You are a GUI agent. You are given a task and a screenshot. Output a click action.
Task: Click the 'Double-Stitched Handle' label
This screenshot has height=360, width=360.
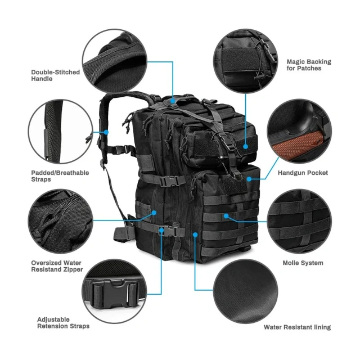tap(55, 75)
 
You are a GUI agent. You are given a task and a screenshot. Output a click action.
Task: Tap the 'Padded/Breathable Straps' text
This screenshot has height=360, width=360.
tap(60, 176)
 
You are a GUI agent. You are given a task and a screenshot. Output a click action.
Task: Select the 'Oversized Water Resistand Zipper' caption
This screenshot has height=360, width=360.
tap(57, 266)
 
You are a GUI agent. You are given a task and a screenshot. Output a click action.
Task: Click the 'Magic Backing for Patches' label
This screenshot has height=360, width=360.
tap(309, 65)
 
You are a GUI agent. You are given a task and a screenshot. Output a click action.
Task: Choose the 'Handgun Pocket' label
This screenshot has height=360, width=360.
tap(303, 173)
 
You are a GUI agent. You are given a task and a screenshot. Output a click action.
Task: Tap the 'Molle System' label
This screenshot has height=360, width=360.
tap(303, 263)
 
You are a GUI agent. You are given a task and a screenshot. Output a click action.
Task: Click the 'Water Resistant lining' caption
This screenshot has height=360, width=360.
tap(297, 327)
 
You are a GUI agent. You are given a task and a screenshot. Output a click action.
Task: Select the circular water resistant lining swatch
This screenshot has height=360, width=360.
tap(246, 292)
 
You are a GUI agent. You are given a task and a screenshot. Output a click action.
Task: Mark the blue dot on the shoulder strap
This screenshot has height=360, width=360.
tap(107, 132)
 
